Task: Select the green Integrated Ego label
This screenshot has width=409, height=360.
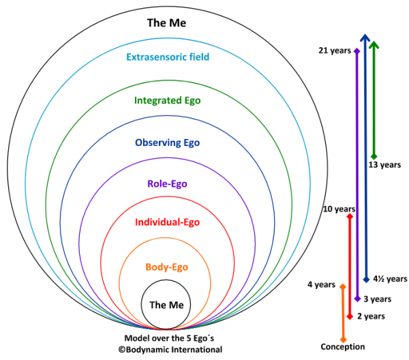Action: (167, 100)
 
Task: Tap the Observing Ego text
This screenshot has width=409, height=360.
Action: (167, 142)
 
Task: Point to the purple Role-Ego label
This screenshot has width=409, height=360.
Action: (167, 183)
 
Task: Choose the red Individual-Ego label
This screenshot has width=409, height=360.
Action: (167, 222)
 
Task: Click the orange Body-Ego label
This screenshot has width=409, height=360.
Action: (167, 267)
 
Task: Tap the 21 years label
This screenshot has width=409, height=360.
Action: (333, 51)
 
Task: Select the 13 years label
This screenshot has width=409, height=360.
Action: (384, 164)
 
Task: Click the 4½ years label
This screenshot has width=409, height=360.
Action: (390, 278)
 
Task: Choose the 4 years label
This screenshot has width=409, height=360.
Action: (321, 284)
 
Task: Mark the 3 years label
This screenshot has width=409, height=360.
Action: (377, 299)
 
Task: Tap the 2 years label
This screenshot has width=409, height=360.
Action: (371, 316)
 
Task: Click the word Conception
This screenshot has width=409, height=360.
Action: (342, 346)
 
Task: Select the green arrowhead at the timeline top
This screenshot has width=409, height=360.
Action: (374, 45)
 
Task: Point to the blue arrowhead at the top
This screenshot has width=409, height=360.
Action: (365, 40)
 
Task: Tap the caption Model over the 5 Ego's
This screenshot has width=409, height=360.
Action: (167, 338)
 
